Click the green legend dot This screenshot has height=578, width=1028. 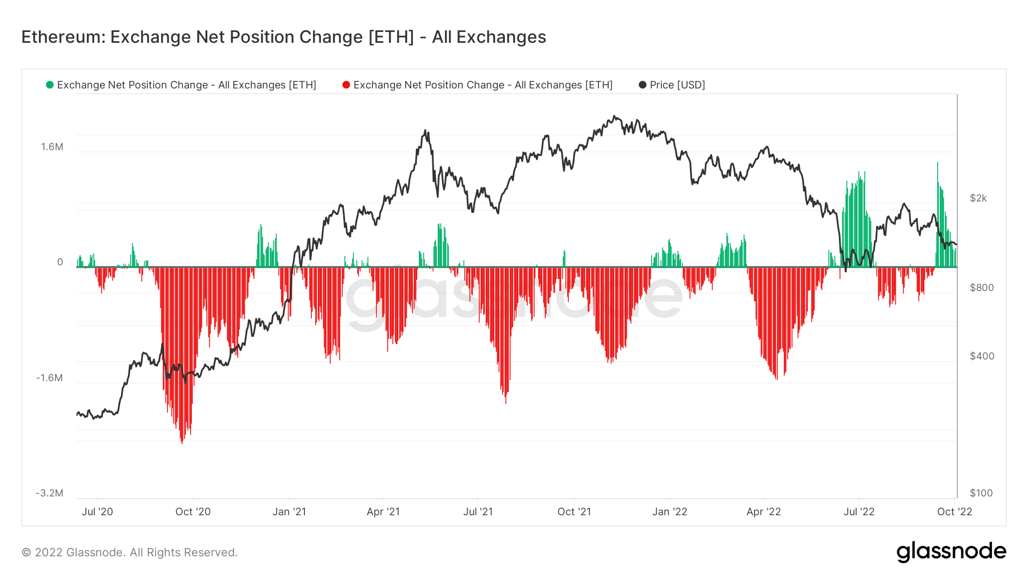50,85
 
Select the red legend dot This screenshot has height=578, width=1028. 346,85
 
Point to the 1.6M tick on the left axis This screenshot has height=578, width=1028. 52,147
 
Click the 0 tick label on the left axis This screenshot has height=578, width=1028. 60,262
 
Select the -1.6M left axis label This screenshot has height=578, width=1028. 50,378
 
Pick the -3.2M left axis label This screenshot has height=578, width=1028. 50,493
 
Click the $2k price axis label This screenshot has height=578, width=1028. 978,198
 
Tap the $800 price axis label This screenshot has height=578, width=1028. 982,288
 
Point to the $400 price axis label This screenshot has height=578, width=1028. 982,356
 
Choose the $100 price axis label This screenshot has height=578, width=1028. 981,493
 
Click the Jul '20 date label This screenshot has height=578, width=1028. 98,512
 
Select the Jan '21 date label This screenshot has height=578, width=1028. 289,512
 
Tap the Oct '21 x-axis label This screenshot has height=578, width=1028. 574,512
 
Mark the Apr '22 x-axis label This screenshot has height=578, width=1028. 764,512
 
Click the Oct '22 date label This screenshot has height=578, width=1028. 954,512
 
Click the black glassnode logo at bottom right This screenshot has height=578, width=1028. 951,552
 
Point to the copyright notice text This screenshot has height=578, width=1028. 130,552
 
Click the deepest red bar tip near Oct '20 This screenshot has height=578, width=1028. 182,443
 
